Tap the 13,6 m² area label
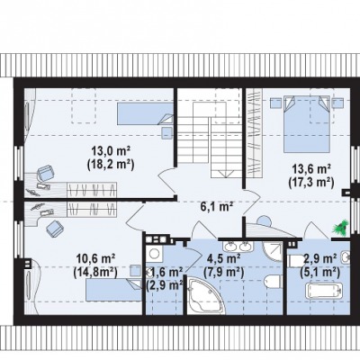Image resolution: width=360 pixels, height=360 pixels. click(x=312, y=169)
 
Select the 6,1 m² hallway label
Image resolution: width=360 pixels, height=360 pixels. click(x=217, y=206)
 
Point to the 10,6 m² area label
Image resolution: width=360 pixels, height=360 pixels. click(x=96, y=258)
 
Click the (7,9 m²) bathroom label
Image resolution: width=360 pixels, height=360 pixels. click(x=223, y=272)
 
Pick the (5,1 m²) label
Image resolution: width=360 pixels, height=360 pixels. click(x=320, y=272)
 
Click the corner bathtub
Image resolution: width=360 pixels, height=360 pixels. click(x=206, y=295)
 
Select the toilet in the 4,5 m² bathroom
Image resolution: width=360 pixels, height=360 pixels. click(x=274, y=281)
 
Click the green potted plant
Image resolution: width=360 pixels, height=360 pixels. click(x=341, y=227)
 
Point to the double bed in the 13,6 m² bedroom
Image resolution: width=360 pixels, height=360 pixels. click(x=307, y=124)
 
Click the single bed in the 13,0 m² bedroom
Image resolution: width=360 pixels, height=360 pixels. click(x=145, y=113)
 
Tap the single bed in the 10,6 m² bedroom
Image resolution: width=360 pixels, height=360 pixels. click(x=113, y=290)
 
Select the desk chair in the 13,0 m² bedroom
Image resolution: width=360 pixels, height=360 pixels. click(x=46, y=174)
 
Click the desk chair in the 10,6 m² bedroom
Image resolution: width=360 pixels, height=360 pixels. click(x=55, y=229)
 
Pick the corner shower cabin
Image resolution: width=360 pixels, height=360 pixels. click(x=273, y=251)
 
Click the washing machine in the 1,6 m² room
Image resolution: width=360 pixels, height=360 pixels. click(x=155, y=254)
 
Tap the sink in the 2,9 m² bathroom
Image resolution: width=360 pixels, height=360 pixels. click(x=346, y=256)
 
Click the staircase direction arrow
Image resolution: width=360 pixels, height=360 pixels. click(x=226, y=174)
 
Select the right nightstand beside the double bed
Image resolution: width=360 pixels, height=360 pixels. click(x=337, y=103)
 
